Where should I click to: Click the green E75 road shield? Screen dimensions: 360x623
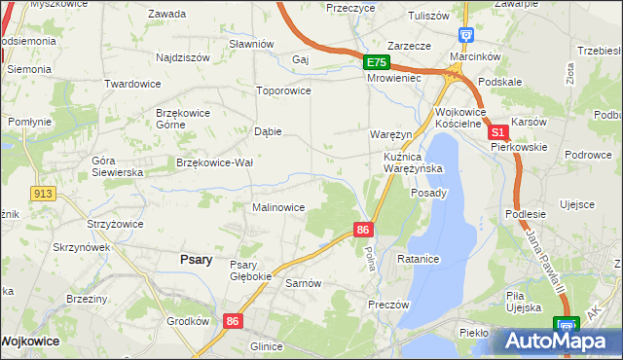click(x=377, y=62)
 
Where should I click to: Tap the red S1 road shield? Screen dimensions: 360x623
click(x=497, y=132)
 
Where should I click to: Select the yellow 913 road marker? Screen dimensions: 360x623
click(x=41, y=194)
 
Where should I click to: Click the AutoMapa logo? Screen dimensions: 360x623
click(x=554, y=342)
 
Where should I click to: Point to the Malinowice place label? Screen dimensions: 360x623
click(x=279, y=207)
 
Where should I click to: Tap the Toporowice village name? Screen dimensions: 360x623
click(x=282, y=90)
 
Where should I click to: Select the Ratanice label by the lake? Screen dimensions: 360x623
click(x=420, y=259)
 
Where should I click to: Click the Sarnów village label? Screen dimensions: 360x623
click(x=303, y=283)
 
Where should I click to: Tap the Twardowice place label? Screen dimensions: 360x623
click(x=132, y=84)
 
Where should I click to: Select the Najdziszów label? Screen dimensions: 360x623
click(x=183, y=57)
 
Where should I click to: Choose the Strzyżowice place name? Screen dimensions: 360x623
click(x=115, y=224)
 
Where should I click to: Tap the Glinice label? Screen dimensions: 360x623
click(x=266, y=345)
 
